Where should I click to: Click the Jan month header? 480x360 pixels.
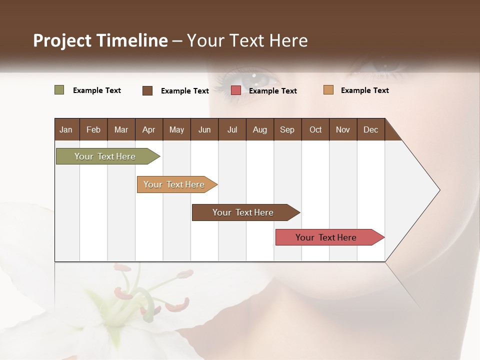click(x=66, y=129)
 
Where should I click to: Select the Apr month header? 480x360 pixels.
click(x=149, y=129)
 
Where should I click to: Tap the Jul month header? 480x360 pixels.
click(x=232, y=129)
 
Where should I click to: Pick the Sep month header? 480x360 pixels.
click(x=287, y=129)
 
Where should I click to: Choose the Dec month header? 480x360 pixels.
click(x=370, y=129)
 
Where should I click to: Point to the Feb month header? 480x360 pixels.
click(x=93, y=129)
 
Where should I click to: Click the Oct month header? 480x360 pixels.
click(x=315, y=129)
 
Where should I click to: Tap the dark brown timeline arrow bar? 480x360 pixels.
click(x=243, y=212)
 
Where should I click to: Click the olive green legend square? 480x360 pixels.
click(x=59, y=90)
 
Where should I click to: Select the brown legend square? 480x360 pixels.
click(x=147, y=90)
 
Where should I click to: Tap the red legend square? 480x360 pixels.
click(x=236, y=90)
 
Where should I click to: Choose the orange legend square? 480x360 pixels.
click(x=328, y=90)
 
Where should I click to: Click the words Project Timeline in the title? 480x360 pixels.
click(x=100, y=40)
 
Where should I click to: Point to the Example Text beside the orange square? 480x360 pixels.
click(x=364, y=90)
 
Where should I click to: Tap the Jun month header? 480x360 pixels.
click(x=204, y=129)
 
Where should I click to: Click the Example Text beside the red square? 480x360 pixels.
click(x=272, y=91)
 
